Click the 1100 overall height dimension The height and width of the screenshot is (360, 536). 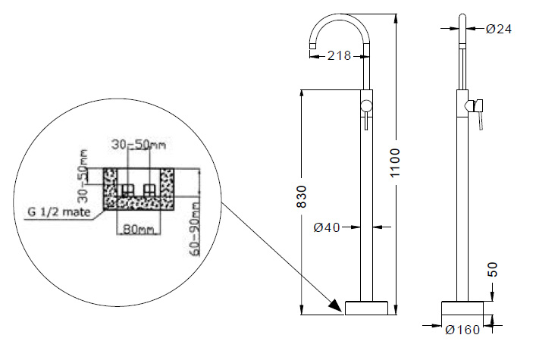395,163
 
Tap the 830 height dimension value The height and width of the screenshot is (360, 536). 302,196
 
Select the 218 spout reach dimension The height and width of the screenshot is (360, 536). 339,55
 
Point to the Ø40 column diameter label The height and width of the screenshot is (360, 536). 327,227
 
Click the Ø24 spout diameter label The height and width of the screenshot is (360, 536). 499,29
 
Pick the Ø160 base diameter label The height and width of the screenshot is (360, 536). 462,330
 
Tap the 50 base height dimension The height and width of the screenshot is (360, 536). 493,269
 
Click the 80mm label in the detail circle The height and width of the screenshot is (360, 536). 138,229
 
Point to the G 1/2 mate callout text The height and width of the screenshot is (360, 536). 59,212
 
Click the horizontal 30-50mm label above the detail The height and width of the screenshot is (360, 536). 139,145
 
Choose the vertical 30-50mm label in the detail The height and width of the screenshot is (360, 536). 83,176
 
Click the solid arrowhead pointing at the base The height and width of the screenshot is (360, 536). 335,305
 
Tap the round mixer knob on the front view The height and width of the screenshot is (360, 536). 366,105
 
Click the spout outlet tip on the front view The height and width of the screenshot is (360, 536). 313,46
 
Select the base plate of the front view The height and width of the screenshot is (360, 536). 366,308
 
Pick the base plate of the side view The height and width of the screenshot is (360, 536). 462,308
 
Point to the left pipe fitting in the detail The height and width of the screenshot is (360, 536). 127,189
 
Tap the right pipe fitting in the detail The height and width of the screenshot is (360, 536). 149,189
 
